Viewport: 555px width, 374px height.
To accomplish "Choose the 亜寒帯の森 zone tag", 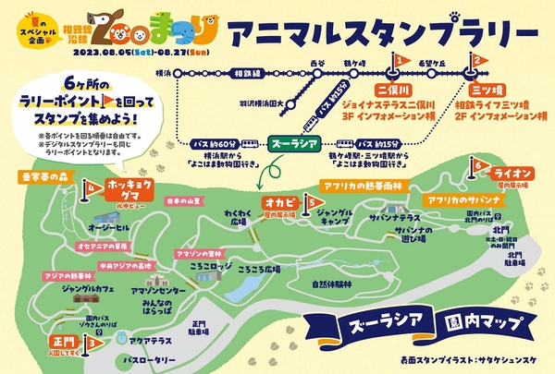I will [x=43, y=175].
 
